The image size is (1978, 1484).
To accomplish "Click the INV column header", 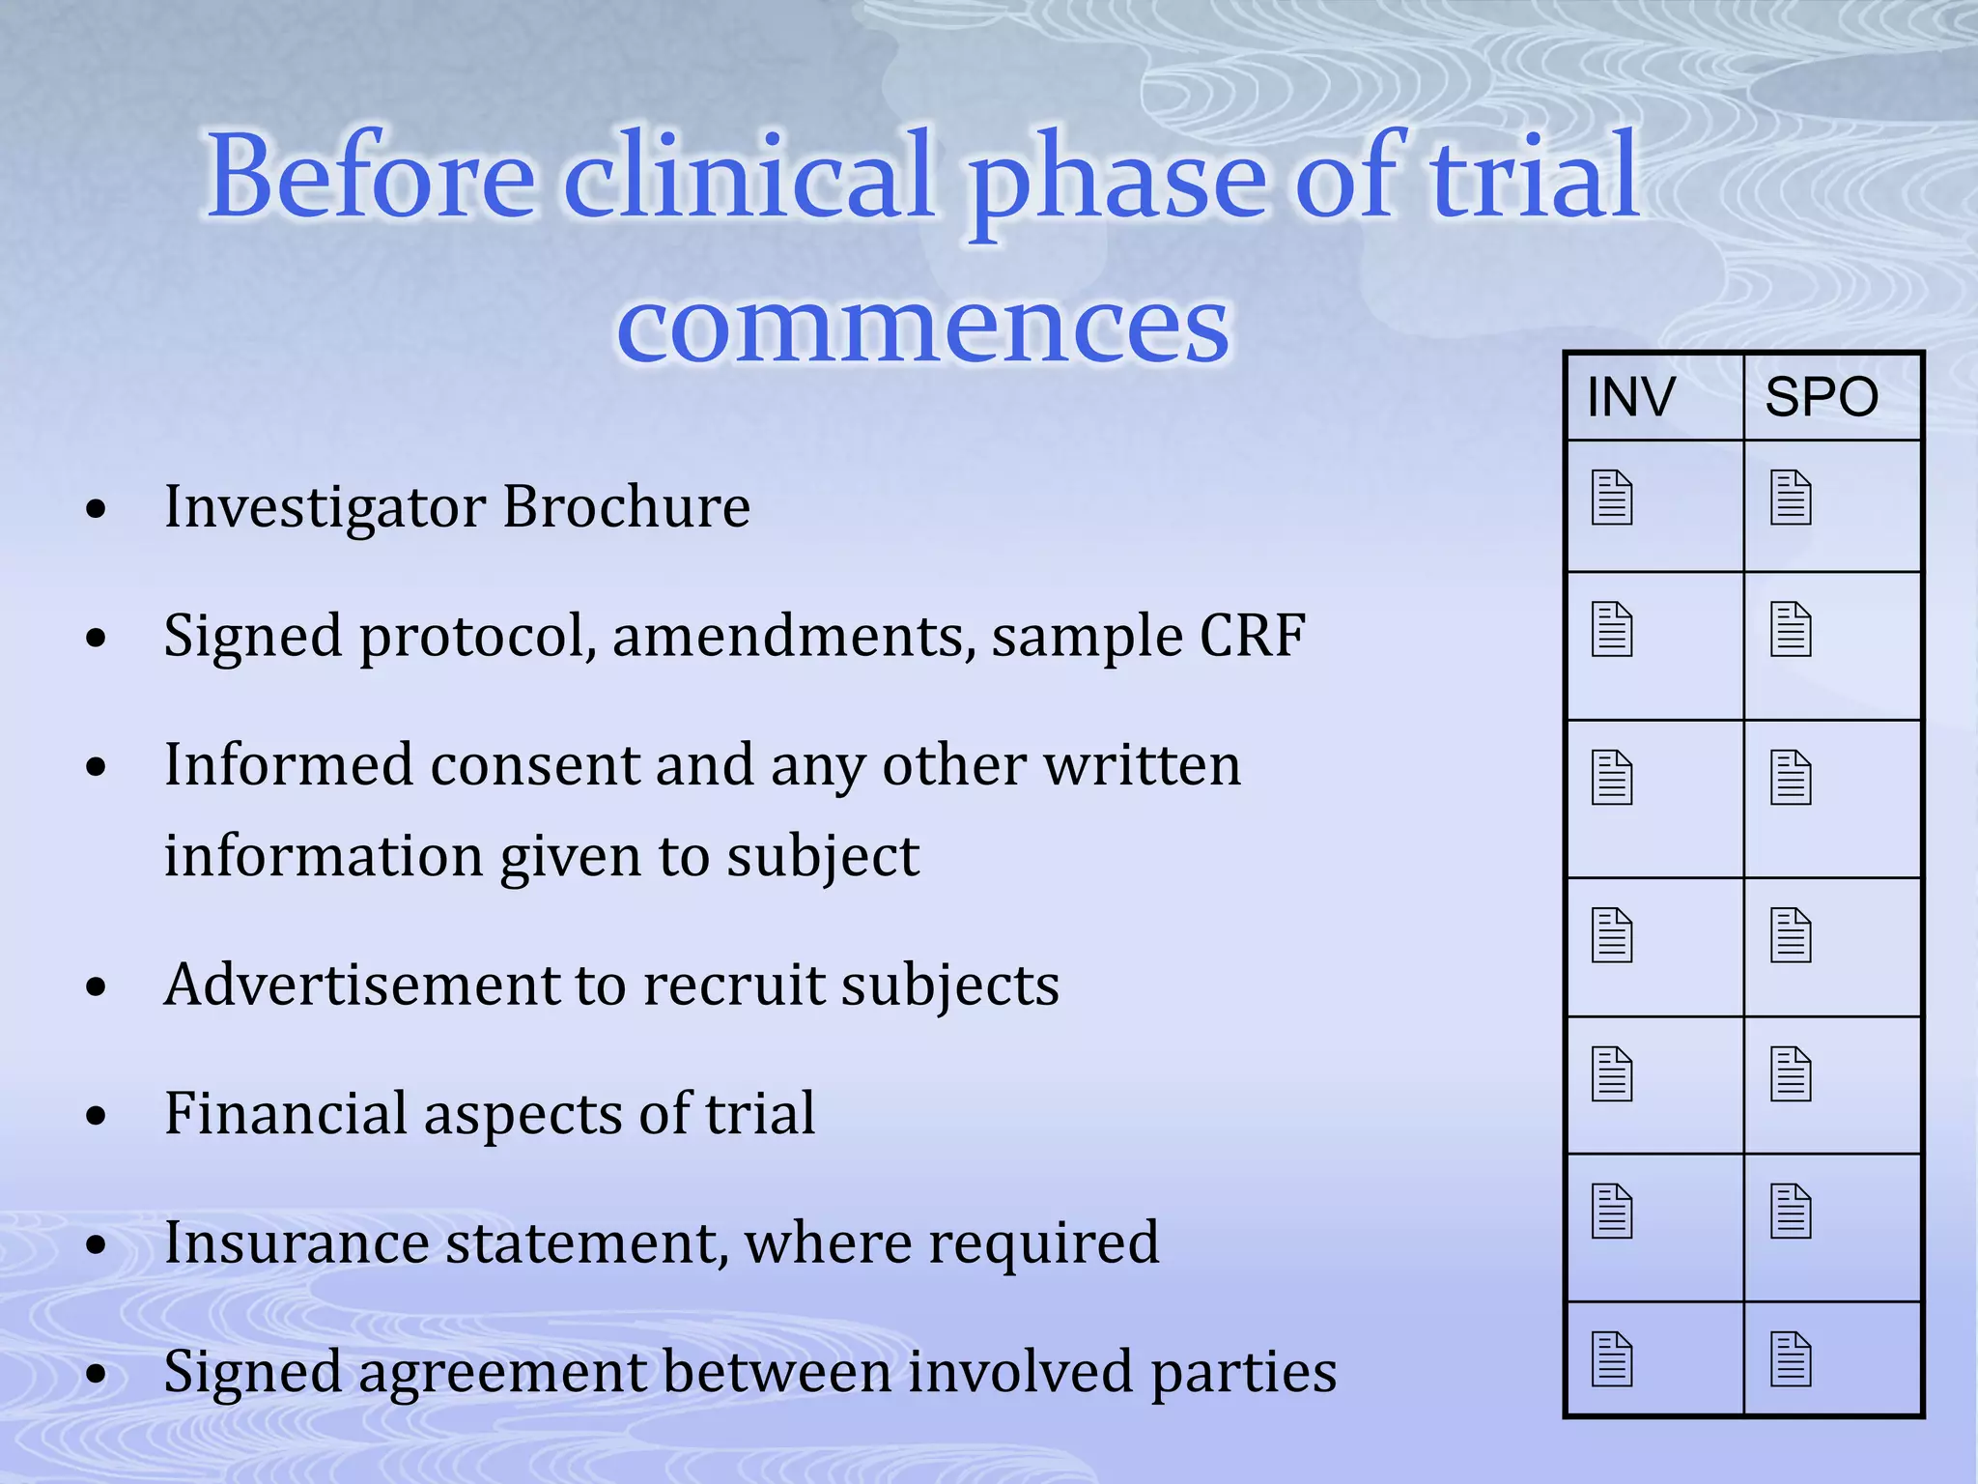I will (x=1630, y=397).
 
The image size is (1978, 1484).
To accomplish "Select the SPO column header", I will (x=1822, y=397).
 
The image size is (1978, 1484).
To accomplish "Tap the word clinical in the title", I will (x=749, y=179).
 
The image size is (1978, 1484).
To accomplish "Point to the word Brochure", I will (x=626, y=506).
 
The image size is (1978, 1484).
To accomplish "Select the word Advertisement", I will (x=359, y=985).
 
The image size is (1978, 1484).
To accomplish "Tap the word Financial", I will (x=286, y=1113).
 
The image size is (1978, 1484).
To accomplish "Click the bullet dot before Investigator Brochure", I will (x=96, y=509).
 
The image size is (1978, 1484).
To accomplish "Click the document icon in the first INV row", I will (x=1612, y=498).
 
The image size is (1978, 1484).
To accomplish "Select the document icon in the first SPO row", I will (x=1791, y=498).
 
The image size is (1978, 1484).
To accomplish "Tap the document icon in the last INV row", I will (x=1612, y=1359).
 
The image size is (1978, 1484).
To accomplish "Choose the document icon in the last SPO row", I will (x=1791, y=1359).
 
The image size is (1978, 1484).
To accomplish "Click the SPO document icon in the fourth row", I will (x=1791, y=935).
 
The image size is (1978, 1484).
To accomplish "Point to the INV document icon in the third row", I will (x=1612, y=778).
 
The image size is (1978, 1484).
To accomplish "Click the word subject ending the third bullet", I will (x=823, y=857).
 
